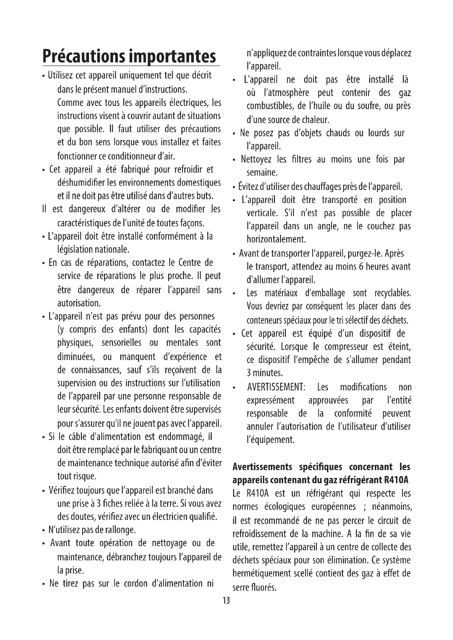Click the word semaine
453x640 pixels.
pyautogui.click(x=262, y=173)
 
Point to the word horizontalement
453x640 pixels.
pyautogui.click(x=276, y=239)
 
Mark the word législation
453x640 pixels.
pyautogui.click(x=75, y=250)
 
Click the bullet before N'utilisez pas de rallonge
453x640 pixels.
pyautogui.click(x=44, y=531)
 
